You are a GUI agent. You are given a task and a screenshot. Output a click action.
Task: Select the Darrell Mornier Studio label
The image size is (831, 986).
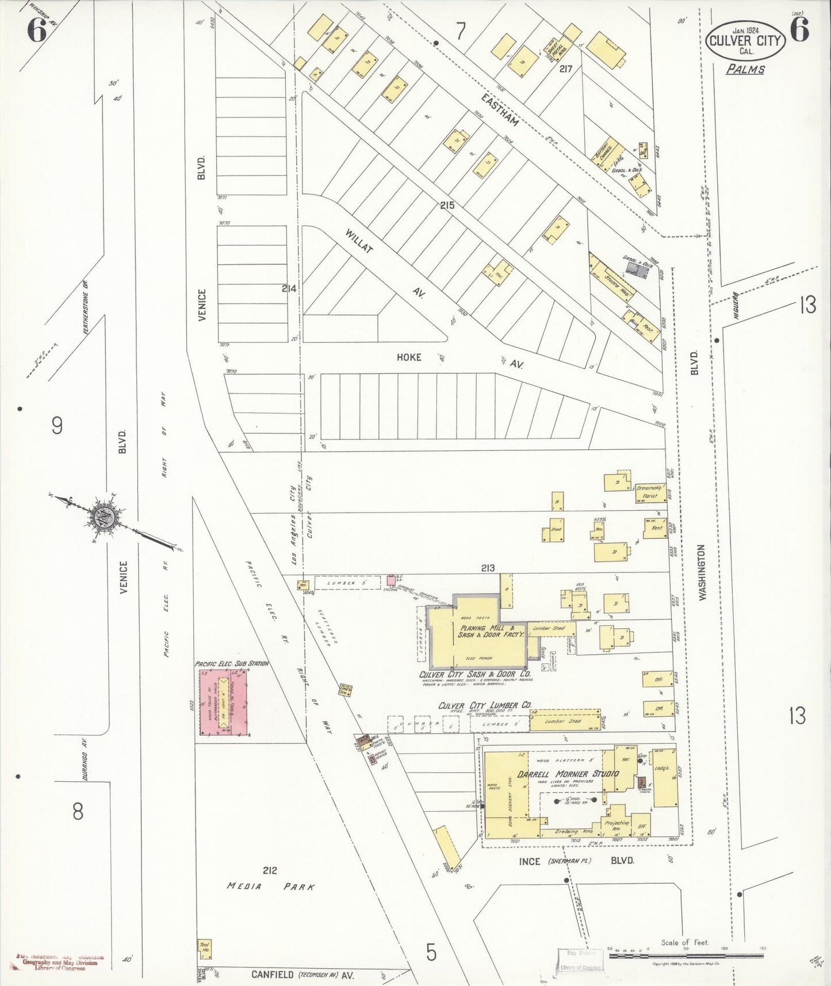coord(568,773)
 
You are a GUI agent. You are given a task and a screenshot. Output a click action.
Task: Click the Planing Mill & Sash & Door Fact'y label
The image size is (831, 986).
coord(491,631)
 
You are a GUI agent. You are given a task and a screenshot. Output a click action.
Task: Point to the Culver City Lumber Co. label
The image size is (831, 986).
coord(485,705)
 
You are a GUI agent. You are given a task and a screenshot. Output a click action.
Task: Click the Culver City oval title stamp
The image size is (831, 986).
coord(745,40)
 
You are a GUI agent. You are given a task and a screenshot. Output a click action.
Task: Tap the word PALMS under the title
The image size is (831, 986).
coord(745,70)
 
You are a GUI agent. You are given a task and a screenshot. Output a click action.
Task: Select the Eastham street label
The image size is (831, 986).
coord(500,110)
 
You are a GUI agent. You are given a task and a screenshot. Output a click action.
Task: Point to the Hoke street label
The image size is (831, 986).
coord(409,357)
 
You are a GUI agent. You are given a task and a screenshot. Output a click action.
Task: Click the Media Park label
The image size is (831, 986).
coord(271,886)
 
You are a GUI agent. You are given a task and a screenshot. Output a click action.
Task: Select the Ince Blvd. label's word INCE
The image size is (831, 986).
coord(529,861)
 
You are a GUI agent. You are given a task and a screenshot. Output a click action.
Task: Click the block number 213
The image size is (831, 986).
coord(488,568)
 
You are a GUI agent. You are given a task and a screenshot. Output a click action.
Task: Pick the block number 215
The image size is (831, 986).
coord(447,205)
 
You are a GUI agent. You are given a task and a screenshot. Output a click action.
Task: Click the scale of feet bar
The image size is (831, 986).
coord(686,957)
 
